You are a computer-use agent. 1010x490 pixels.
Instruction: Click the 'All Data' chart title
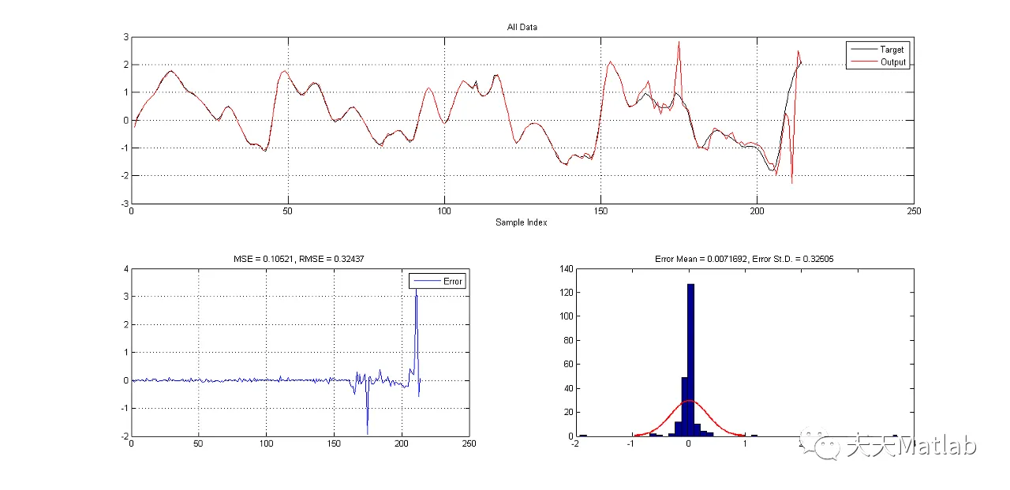pos(522,27)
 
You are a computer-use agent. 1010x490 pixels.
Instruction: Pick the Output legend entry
pos(892,62)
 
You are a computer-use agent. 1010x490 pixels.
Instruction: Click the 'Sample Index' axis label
pos(521,223)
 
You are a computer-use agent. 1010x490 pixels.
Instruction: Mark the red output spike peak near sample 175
pos(679,43)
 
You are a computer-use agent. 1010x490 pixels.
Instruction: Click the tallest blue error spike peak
pos(416,290)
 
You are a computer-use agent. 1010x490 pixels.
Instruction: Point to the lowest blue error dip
pos(367,433)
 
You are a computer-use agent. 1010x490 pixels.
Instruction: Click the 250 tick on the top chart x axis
pos(913,211)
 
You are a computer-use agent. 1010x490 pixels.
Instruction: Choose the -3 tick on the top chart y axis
pos(125,203)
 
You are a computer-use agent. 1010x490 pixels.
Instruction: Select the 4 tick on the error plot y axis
pos(125,269)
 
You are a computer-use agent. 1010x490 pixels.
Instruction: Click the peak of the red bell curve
pos(689,400)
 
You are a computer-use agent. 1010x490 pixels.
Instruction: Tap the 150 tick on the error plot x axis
pos(334,444)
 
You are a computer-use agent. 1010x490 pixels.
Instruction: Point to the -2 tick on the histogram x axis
pos(576,444)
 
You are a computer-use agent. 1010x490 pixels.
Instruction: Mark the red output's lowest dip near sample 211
pos(791,183)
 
